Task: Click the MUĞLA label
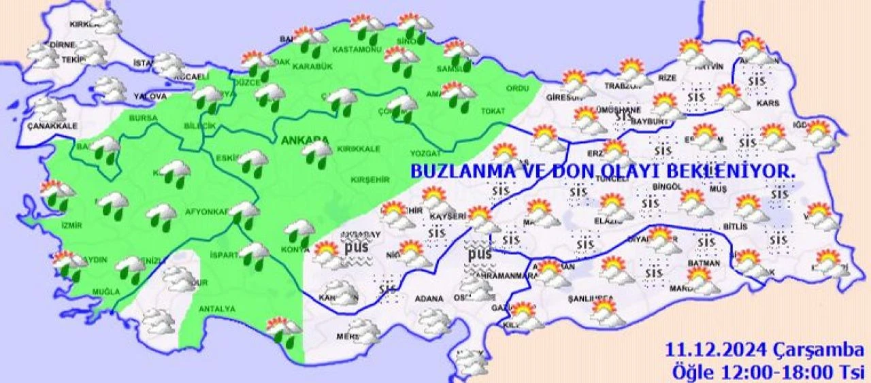click(105, 291)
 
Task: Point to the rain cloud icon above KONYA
click(299, 231)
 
